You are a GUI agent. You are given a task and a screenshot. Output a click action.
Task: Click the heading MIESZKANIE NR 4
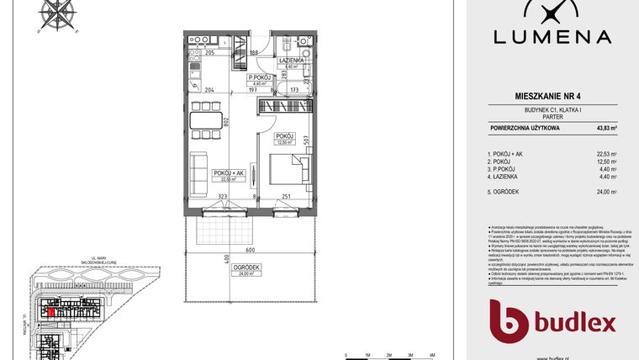tap(552, 98)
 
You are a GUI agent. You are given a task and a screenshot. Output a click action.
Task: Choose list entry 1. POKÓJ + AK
tap(510, 154)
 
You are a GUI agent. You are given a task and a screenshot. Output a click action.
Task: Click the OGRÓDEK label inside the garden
tap(250, 268)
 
